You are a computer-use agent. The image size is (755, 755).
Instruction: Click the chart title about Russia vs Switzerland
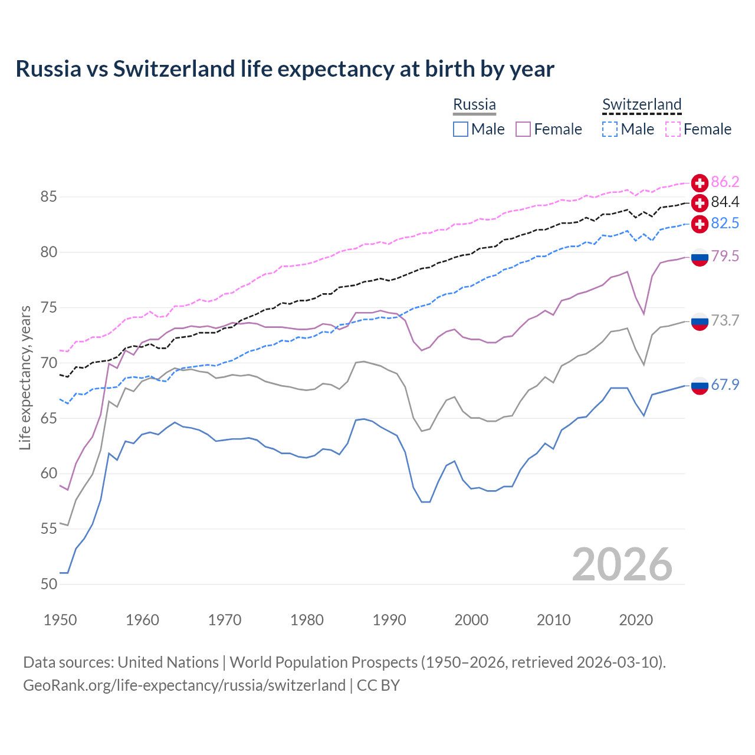[x=285, y=69]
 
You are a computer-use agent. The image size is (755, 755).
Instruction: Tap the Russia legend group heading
[x=474, y=104]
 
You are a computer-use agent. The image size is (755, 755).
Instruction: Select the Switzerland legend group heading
[x=642, y=104]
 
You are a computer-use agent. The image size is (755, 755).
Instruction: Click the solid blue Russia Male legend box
[x=461, y=129]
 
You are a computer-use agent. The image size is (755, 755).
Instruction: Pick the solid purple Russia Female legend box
[x=523, y=129]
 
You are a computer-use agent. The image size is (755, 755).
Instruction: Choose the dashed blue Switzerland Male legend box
[x=610, y=129]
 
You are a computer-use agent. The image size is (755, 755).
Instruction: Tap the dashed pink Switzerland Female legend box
[x=673, y=129]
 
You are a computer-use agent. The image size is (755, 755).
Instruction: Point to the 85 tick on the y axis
[x=48, y=196]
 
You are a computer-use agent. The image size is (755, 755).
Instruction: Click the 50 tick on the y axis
[x=48, y=584]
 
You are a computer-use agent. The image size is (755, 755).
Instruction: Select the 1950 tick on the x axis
[x=60, y=620]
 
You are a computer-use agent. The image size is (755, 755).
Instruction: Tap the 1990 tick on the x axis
[x=389, y=620]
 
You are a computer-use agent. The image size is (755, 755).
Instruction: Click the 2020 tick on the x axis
[x=636, y=620]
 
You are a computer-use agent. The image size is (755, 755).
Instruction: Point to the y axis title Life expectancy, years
[x=25, y=377]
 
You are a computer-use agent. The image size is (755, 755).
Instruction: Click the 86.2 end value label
[x=725, y=182]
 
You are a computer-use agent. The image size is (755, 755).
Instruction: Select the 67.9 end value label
[x=725, y=385]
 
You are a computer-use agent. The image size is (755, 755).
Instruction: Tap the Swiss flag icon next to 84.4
[x=700, y=203]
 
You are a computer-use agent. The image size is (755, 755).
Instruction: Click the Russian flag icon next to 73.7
[x=700, y=321]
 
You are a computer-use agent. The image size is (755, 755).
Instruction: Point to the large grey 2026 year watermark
[x=622, y=564]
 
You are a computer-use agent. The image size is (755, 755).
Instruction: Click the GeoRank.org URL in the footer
[x=184, y=685]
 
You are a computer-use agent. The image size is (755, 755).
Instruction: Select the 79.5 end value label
[x=725, y=257]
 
